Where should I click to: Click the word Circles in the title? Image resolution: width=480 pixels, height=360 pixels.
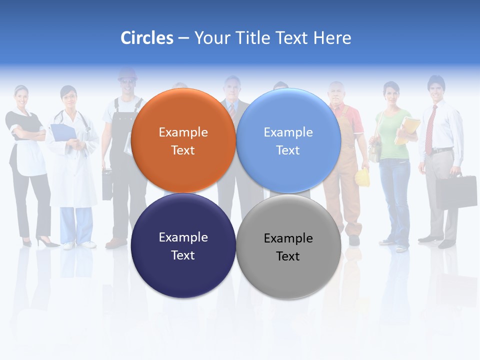point(147,38)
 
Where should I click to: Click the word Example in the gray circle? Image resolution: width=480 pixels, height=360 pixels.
point(288,238)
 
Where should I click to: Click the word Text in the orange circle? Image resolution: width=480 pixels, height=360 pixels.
point(183,150)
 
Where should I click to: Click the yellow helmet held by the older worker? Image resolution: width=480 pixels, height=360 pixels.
point(362,177)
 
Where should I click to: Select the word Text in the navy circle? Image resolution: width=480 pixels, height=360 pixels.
point(183,255)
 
